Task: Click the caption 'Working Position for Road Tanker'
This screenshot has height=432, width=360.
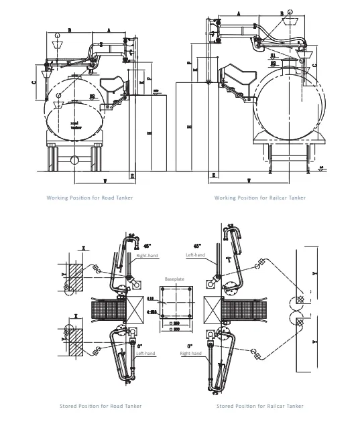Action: (x=89, y=198)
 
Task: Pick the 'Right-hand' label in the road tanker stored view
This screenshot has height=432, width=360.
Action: (x=146, y=256)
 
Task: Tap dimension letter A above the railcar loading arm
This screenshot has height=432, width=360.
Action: (x=239, y=13)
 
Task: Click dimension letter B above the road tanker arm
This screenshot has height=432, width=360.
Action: (x=70, y=30)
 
